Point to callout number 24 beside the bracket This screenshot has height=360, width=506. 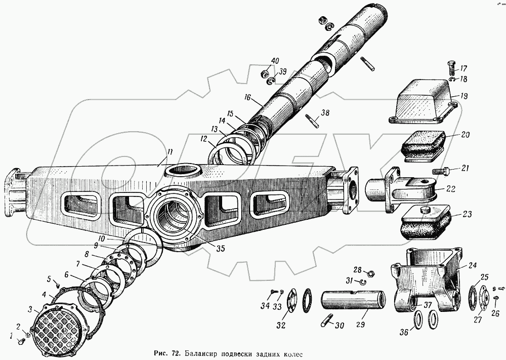tap(472, 265)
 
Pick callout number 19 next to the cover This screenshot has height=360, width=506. tap(463, 95)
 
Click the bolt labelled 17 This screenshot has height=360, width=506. tap(451, 67)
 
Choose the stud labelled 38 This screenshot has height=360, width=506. tap(312, 122)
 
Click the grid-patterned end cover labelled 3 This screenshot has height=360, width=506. tap(55, 324)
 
